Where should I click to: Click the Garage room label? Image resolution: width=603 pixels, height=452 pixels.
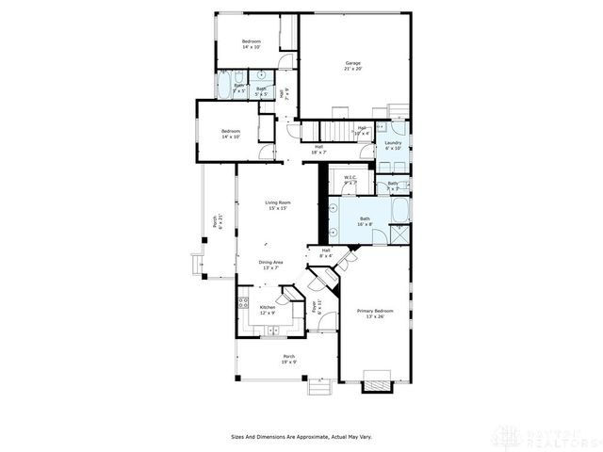pos(353,67)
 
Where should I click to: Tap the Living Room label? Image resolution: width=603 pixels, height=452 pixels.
pos(277,205)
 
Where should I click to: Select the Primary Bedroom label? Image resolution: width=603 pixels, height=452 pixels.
pos(375,314)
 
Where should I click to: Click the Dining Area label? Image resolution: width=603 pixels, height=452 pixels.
pos(271,265)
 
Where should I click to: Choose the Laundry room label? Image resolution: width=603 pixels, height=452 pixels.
pos(393,145)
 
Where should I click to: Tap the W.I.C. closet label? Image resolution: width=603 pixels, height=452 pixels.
pos(350,179)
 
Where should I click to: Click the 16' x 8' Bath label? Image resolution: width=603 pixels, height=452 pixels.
pos(365,221)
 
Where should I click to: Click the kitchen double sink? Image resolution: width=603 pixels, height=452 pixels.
pos(270,330)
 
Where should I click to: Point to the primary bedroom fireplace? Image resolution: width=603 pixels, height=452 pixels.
pos(377,381)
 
